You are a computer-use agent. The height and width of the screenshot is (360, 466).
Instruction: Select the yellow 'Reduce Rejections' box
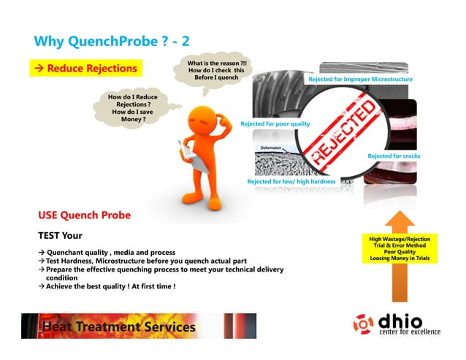pyautogui.click(x=87, y=69)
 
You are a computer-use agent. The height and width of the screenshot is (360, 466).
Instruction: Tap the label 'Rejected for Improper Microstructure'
pyautogui.click(x=360, y=79)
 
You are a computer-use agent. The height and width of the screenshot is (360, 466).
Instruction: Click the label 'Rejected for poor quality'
pyautogui.click(x=275, y=124)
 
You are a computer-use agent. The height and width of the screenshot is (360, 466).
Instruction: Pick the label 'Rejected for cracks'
pyautogui.click(x=393, y=156)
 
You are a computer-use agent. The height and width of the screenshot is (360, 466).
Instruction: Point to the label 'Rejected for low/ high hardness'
pyautogui.click(x=291, y=181)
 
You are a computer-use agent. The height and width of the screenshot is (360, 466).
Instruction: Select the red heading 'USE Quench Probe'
pyautogui.click(x=84, y=215)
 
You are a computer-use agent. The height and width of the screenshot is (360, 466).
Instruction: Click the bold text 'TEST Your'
pyautogui.click(x=60, y=235)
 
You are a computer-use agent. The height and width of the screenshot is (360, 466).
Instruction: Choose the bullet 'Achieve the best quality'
pyautogui.click(x=110, y=286)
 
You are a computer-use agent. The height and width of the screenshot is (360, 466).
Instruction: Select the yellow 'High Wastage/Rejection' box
pyautogui.click(x=400, y=248)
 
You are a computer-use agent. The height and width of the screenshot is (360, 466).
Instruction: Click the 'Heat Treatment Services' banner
pyautogui.click(x=139, y=326)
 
